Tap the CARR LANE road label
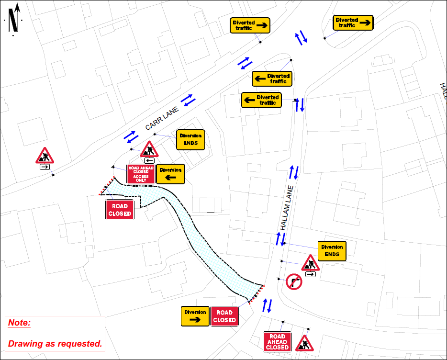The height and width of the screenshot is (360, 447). coord(162,118)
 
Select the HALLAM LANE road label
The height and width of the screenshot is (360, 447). coord(287,208)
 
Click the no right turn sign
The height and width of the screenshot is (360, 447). coord(294,282)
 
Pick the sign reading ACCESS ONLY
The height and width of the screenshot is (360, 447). coord(141,174)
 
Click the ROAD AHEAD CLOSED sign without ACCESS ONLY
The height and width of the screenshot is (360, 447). coord(278,342)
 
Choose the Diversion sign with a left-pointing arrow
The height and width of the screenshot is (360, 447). coord(170,174)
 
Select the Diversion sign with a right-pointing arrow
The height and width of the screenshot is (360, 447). coord(195,316)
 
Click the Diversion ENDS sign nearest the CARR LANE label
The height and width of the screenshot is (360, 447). coord(190,140)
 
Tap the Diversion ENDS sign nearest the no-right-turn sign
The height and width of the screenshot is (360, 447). coord(332,251)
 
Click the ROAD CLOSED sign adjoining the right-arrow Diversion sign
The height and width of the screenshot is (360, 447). coord(224,316)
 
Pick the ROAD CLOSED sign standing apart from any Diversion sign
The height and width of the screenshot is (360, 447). coord(120,210)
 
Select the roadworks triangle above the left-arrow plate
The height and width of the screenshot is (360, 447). coord(149,149)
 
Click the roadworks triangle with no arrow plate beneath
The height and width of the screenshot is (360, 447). coord(304,344)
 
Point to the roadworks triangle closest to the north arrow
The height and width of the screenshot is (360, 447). coord(45,156)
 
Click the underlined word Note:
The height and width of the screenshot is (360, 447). coord(20,323)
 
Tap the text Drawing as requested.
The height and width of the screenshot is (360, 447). coord(55,343)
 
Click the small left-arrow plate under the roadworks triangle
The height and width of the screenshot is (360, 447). coord(149,160)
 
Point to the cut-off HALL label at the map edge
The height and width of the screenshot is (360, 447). coord(444,90)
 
